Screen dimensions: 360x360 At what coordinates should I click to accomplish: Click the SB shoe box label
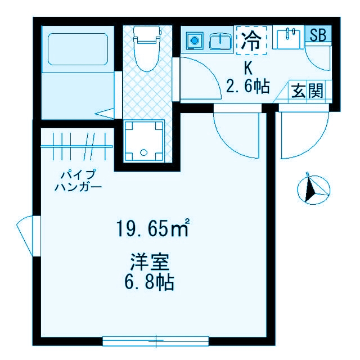pos(318,34)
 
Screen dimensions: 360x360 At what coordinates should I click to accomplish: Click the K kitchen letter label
pos(247,68)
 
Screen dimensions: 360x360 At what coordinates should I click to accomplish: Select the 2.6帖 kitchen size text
pos(247,87)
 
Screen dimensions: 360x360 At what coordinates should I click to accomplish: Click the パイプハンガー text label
pos(78,181)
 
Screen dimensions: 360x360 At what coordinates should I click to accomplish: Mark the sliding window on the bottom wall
pos(156,340)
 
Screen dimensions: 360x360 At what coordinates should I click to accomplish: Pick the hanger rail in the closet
pos(76,147)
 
